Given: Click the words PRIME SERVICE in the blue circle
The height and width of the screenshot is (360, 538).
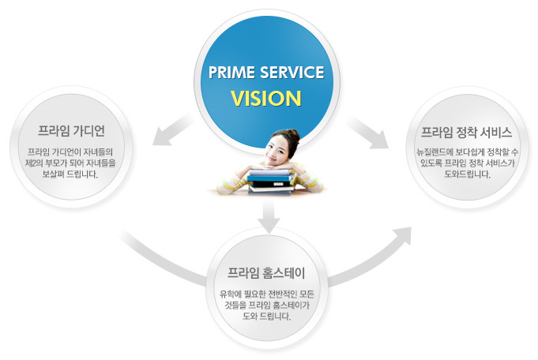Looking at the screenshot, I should click(265, 73).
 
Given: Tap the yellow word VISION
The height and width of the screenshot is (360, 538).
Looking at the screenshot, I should click(266, 99).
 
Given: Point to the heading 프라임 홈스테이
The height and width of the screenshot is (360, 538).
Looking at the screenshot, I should click(266, 274).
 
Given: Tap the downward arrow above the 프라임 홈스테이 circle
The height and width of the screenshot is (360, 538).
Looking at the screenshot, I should click(269, 216).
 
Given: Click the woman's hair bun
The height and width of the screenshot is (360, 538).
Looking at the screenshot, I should click(293, 133).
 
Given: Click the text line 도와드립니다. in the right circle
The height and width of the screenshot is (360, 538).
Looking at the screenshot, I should click(465, 174).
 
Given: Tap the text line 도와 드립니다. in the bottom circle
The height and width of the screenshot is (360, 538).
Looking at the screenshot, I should click(266, 316).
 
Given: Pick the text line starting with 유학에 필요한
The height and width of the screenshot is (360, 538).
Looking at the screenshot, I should click(266, 294).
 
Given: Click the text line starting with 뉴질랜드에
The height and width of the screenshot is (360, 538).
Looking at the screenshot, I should click(465, 151).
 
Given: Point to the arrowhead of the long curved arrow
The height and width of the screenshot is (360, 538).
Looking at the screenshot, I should click(402, 233).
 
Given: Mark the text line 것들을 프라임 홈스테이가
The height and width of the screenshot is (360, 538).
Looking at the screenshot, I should click(266, 305).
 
